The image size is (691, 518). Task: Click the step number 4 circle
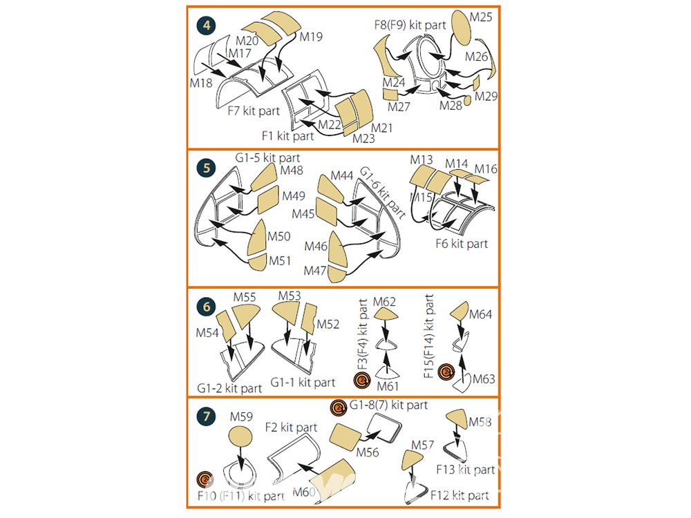pos(206,26)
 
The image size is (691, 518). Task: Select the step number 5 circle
pos(206,168)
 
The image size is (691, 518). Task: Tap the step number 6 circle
pos(206,307)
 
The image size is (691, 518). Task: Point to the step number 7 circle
pos(206,416)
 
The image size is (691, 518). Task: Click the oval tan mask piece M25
pos(460,28)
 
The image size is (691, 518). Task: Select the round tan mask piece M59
pos(240,437)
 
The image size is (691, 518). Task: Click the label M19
pos(311,37)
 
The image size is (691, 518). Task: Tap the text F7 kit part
pos(254,111)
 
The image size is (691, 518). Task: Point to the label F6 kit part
pos(462,244)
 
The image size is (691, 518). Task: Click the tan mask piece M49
pos(268,199)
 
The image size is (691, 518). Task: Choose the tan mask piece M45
pos(327,212)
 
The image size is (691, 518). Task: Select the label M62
pos(384,302)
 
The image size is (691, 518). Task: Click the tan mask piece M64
pos(460,311)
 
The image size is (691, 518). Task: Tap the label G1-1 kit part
pos(303,383)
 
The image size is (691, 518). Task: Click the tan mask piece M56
pos(345,437)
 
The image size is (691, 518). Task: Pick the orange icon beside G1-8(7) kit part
pos(339,408)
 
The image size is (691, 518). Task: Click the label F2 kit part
pos(291,428)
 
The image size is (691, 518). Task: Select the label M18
pos(201,83)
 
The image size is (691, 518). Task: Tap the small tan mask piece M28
pos(467,100)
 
